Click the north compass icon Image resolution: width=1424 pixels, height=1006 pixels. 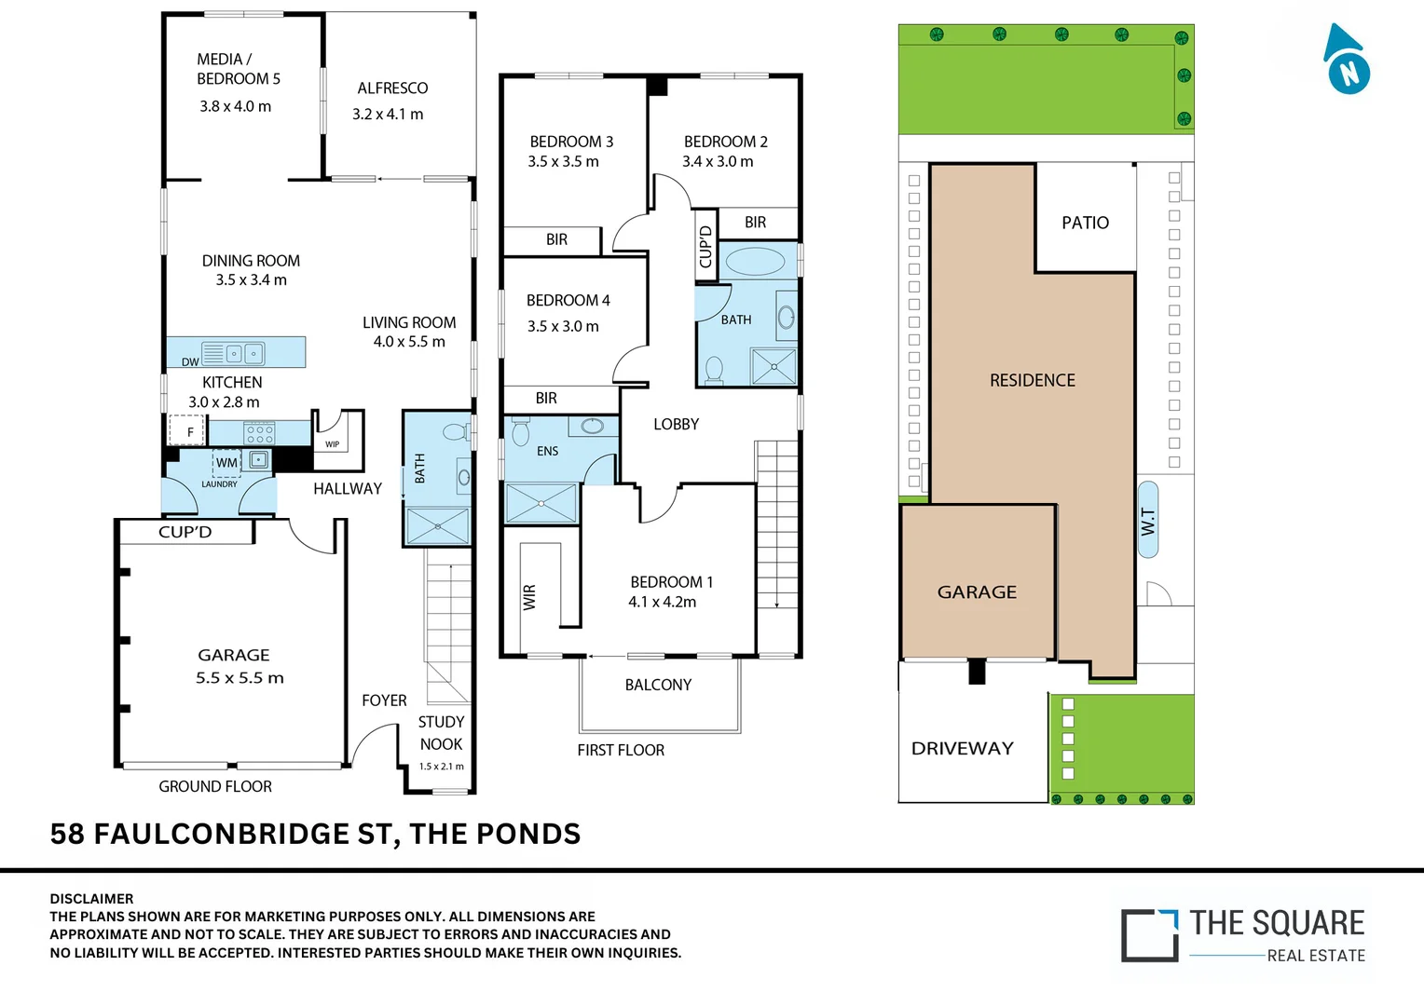click(x=1347, y=62)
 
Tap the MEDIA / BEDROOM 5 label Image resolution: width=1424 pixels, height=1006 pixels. click(x=238, y=69)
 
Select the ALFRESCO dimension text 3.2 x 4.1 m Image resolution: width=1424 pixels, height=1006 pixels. click(x=388, y=115)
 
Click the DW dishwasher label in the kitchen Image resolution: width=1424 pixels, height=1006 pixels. click(x=190, y=361)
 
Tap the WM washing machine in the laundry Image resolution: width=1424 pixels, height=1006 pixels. click(x=226, y=462)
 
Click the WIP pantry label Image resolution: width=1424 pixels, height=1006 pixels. click(x=333, y=444)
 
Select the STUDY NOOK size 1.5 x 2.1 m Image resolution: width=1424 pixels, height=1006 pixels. click(x=441, y=767)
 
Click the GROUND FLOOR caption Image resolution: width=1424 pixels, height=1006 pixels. click(x=215, y=786)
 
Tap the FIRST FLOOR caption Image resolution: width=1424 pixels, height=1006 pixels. click(x=621, y=750)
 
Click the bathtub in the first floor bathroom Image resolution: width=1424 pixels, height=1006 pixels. click(x=755, y=261)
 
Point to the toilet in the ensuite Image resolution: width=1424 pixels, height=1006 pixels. click(x=521, y=433)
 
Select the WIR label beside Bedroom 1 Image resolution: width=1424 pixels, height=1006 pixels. click(x=529, y=596)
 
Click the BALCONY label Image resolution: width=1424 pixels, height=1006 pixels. click(x=658, y=685)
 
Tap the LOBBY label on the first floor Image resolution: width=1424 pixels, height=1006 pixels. click(x=676, y=424)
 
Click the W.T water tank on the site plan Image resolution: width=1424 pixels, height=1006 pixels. click(x=1148, y=520)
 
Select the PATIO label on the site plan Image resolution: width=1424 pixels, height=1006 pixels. click(x=1085, y=223)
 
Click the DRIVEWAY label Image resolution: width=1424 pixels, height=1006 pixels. click(x=962, y=748)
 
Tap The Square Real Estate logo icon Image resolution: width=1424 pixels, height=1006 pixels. click(x=1149, y=935)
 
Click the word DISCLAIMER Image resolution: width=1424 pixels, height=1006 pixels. click(x=91, y=899)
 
